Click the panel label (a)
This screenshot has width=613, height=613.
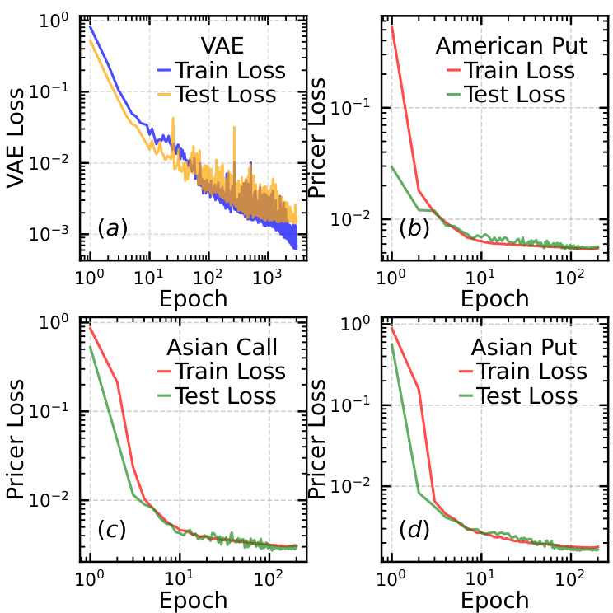[x=113, y=227]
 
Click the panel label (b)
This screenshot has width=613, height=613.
[x=414, y=227]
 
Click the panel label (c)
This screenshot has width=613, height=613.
[x=111, y=529]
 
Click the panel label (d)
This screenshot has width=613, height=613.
[x=414, y=529]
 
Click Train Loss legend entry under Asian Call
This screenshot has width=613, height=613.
[x=232, y=372]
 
